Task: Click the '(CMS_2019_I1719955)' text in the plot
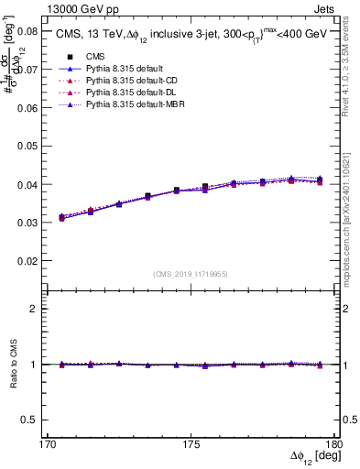[x=191, y=273]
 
